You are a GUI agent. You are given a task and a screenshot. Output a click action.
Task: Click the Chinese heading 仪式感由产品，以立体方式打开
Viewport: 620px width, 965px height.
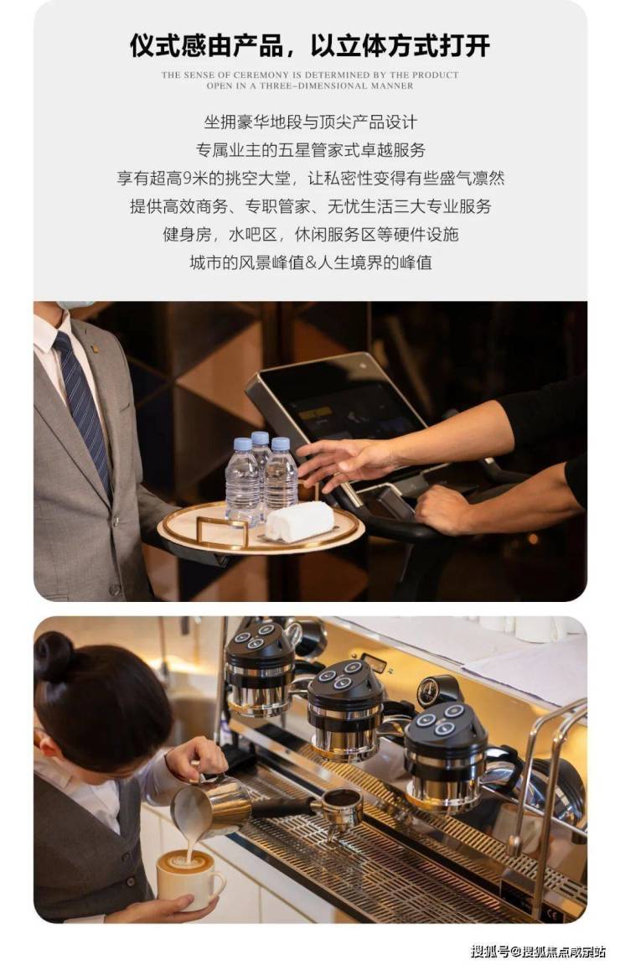[310, 45]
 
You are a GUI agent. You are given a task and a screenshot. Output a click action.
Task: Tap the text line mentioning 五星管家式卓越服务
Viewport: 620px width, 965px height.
[310, 150]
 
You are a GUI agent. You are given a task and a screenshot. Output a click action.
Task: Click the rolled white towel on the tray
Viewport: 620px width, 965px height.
[300, 521]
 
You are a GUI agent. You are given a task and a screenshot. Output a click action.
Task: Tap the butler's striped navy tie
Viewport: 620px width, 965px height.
[83, 406]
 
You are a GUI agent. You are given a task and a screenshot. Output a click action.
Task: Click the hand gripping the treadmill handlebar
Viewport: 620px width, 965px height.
[444, 508]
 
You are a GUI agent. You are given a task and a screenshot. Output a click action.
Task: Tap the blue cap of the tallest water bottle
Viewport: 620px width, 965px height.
[261, 438]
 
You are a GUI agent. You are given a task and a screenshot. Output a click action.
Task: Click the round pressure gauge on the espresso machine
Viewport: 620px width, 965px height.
[431, 691]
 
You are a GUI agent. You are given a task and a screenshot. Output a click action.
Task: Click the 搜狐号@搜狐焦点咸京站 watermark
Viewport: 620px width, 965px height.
[538, 952]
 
